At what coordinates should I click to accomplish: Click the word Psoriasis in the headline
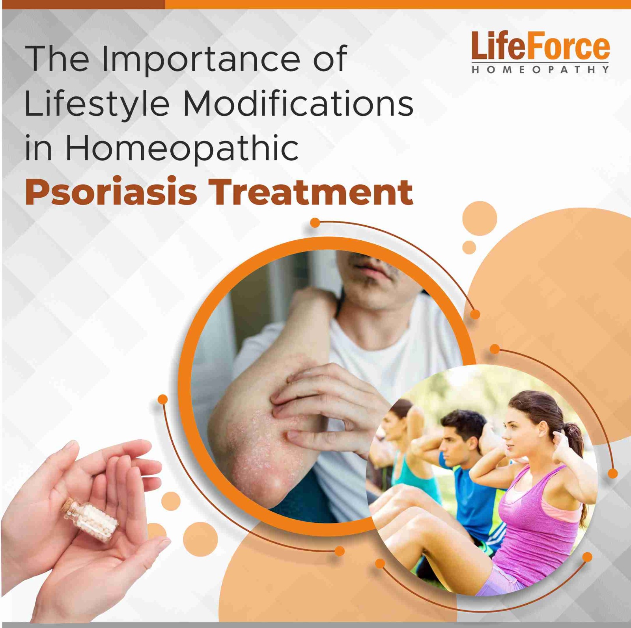click(x=111, y=193)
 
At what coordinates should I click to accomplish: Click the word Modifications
click(x=298, y=103)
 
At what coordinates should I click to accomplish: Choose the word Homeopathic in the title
click(x=181, y=148)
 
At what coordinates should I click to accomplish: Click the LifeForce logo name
click(x=540, y=46)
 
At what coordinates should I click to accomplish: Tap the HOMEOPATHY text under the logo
click(x=540, y=70)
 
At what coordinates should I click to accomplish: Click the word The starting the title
click(x=57, y=59)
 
